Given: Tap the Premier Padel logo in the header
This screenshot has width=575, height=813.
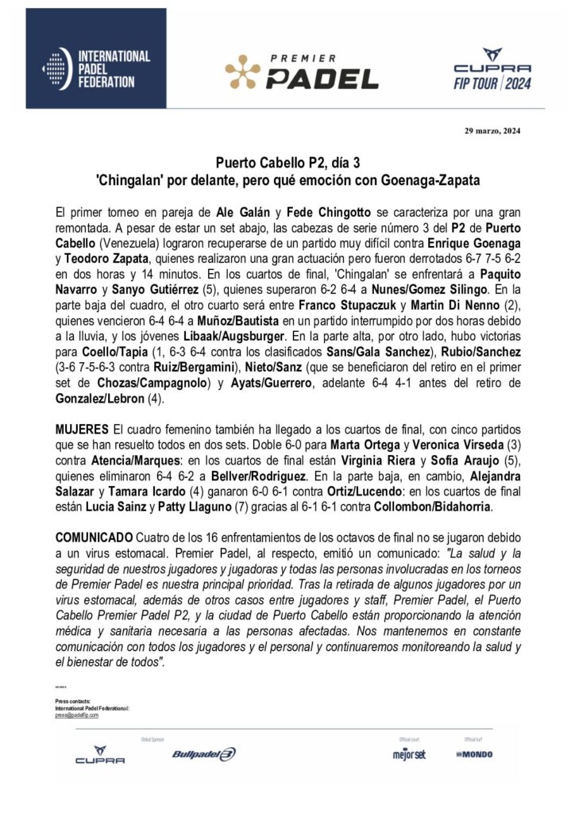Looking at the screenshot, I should tap(302, 72).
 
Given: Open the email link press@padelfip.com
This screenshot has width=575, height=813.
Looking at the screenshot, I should tap(77, 715).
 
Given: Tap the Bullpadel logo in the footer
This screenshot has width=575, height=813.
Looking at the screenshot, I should tap(204, 754).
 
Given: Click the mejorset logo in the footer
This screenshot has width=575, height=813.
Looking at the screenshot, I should tap(408, 754).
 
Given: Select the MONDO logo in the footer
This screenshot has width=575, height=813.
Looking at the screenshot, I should tap(474, 754).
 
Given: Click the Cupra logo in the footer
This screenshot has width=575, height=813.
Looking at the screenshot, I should tap(100, 755).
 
